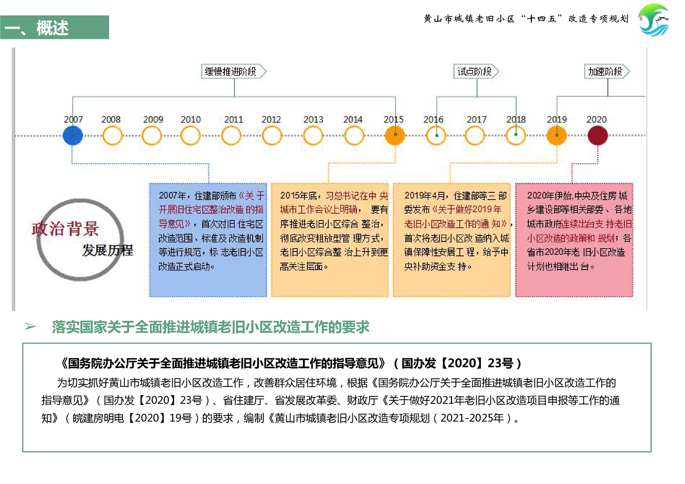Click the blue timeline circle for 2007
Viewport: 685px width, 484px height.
pos(73,135)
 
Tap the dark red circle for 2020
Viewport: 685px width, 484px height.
pos(598,135)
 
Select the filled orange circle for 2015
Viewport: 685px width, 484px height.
pos(395,135)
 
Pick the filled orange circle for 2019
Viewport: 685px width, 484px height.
pos(557,135)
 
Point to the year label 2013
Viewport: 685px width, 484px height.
pos(313,119)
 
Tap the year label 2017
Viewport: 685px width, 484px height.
pos(477,119)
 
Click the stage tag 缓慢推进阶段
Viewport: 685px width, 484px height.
pos(234,71)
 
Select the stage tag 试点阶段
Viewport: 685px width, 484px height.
pos(476,71)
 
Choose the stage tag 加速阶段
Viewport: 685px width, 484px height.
pos(607,71)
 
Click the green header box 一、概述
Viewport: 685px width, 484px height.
pos(54,27)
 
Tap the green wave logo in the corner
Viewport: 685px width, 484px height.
pos(654,20)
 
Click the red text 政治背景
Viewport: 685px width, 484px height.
pos(65,229)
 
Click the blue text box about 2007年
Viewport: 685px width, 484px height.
pos(208,240)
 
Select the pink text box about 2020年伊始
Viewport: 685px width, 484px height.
pos(574,240)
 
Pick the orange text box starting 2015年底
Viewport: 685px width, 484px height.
pos(330,240)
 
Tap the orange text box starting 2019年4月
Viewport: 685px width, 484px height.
pos(451,240)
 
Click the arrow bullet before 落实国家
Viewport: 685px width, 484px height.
pos(31,326)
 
